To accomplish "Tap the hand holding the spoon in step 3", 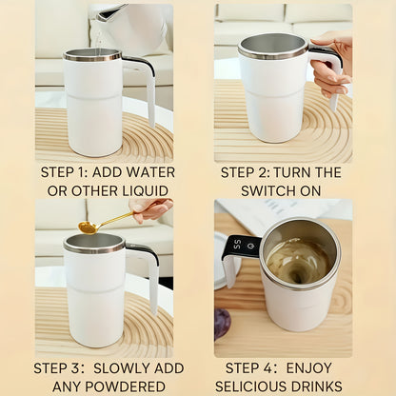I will [x=152, y=208].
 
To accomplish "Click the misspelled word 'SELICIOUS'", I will [x=252, y=386].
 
